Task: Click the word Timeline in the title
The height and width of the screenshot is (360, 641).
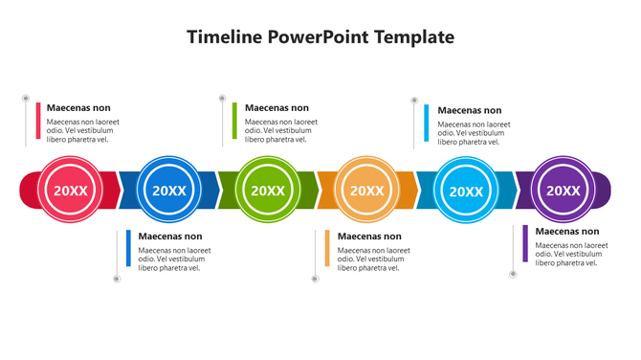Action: tap(224, 37)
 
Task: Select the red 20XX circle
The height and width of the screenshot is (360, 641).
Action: tap(70, 190)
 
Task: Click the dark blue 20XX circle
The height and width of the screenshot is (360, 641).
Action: tap(169, 190)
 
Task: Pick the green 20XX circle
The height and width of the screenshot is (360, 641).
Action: tap(268, 190)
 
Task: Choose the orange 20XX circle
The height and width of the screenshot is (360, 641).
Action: tap(366, 190)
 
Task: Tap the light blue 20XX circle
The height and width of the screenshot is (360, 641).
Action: tap(466, 190)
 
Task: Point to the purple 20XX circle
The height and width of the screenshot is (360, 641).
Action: tap(563, 190)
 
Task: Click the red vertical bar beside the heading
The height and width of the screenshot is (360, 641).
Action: tap(38, 121)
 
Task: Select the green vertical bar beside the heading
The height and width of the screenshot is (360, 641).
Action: tap(234, 120)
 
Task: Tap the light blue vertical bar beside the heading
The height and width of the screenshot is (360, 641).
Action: tap(427, 124)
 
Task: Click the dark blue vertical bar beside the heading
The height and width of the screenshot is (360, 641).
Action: tap(128, 248)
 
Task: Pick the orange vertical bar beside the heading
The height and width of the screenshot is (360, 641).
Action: tap(327, 248)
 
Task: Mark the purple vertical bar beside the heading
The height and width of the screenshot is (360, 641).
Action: tap(525, 243)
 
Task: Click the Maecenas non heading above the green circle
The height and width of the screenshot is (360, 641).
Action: tap(277, 108)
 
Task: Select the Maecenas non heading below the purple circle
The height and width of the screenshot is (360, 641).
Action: tap(567, 231)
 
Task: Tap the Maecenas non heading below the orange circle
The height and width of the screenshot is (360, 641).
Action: tap(369, 236)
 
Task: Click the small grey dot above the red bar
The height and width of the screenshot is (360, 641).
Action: tap(26, 98)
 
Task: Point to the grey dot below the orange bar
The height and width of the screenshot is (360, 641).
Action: tap(315, 279)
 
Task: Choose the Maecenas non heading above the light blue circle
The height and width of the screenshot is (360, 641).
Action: tap(470, 110)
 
